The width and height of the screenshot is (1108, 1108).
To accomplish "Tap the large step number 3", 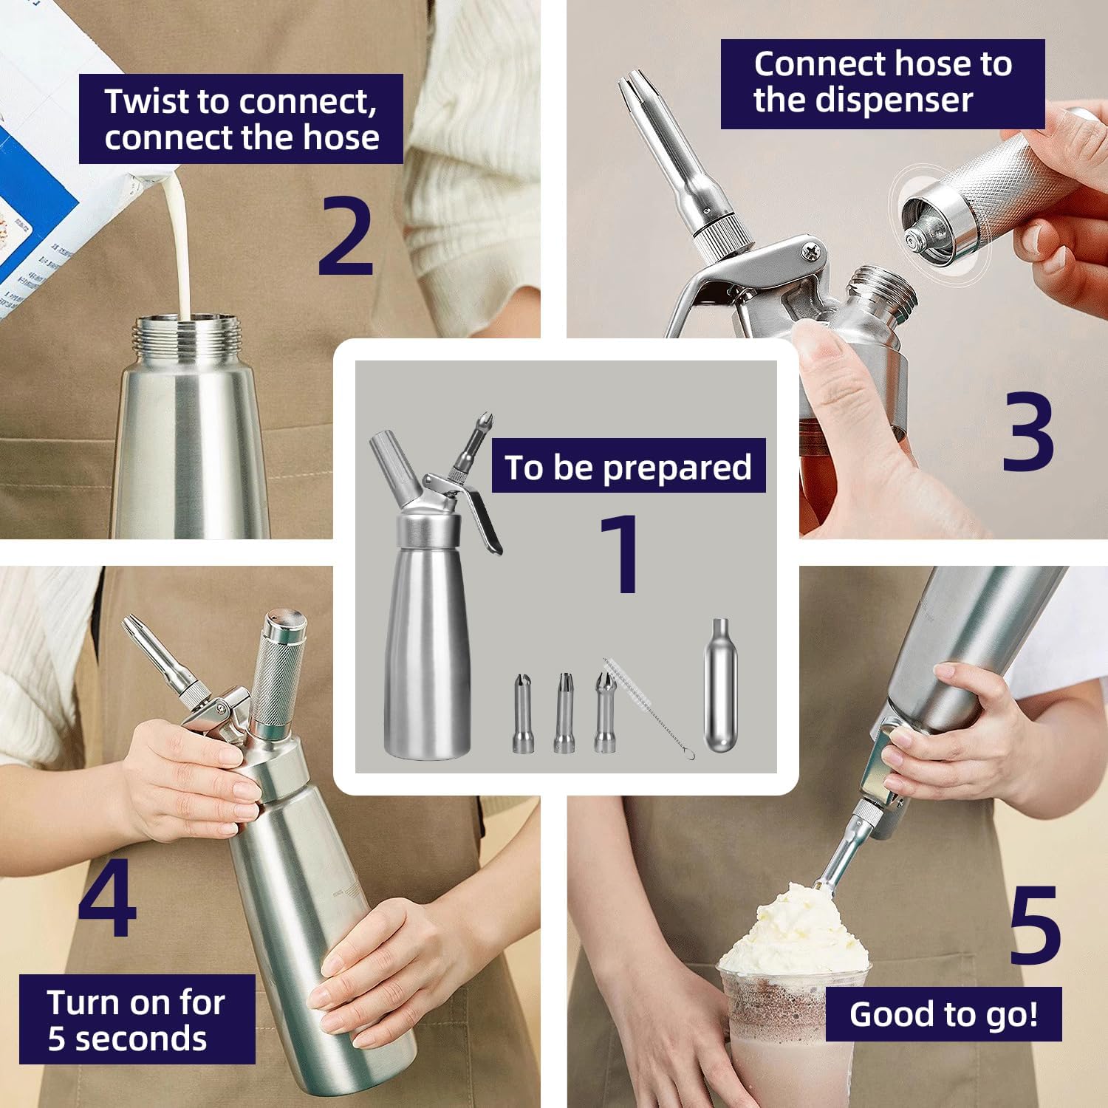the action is pyautogui.click(x=1027, y=432).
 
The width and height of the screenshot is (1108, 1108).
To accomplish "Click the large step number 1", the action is pyautogui.click(x=622, y=554).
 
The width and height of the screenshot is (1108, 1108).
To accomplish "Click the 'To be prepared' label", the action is pyautogui.click(x=628, y=467).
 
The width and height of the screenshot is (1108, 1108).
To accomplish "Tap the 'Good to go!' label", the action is pyautogui.click(x=943, y=1014).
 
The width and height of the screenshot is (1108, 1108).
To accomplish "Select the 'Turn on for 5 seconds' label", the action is pyautogui.click(x=137, y=1019).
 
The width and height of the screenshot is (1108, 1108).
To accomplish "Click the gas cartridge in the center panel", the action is pyautogui.click(x=721, y=685).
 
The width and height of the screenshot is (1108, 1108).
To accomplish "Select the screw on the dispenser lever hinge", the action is pyautogui.click(x=812, y=252).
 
